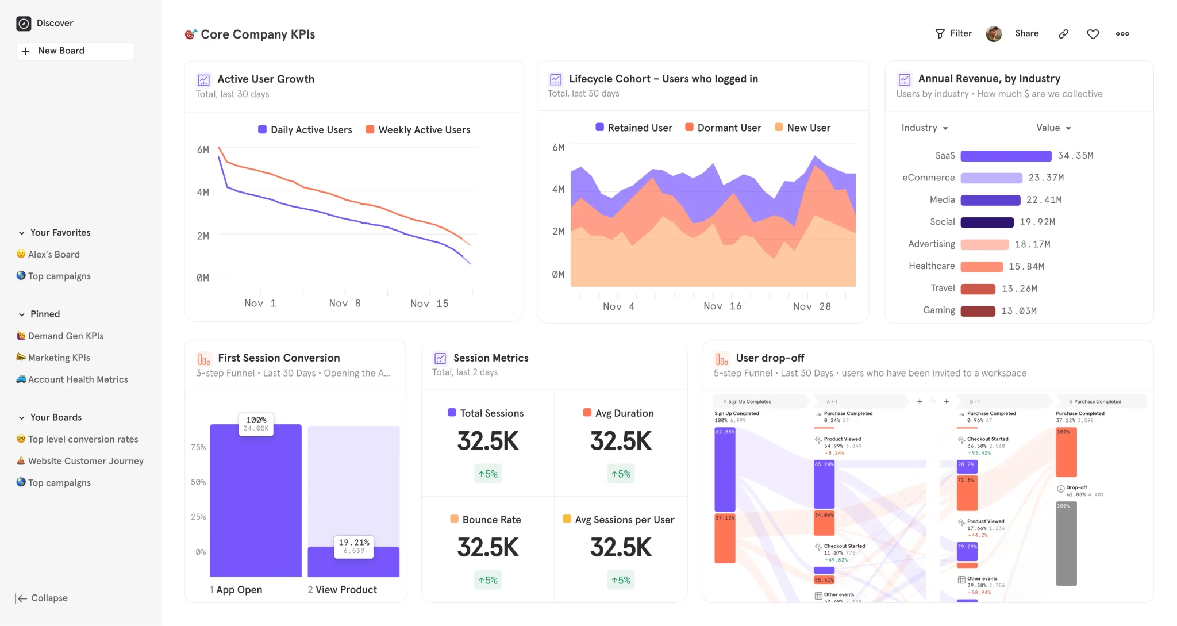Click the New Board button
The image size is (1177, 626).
(x=75, y=51)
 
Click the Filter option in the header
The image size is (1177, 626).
(x=953, y=33)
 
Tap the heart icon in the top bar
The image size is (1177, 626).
(x=1093, y=34)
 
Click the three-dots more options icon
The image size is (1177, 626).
(x=1122, y=34)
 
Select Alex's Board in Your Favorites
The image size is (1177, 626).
(x=53, y=254)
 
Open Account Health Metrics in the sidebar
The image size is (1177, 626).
(x=78, y=379)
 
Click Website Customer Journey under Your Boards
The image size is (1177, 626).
(x=86, y=461)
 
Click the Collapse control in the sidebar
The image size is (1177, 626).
(x=41, y=598)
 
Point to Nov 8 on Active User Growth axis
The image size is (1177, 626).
(x=345, y=303)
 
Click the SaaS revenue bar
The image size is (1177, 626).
(x=1006, y=156)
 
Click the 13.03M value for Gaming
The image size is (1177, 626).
(x=1018, y=311)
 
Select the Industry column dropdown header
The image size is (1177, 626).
(x=924, y=128)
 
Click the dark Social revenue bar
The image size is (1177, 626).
(x=987, y=222)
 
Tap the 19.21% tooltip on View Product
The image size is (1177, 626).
(x=353, y=546)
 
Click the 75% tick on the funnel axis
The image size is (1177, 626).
(x=198, y=447)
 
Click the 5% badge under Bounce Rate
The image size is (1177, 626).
(x=488, y=580)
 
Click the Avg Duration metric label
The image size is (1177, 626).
(x=624, y=413)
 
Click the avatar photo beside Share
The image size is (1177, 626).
(x=994, y=34)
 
